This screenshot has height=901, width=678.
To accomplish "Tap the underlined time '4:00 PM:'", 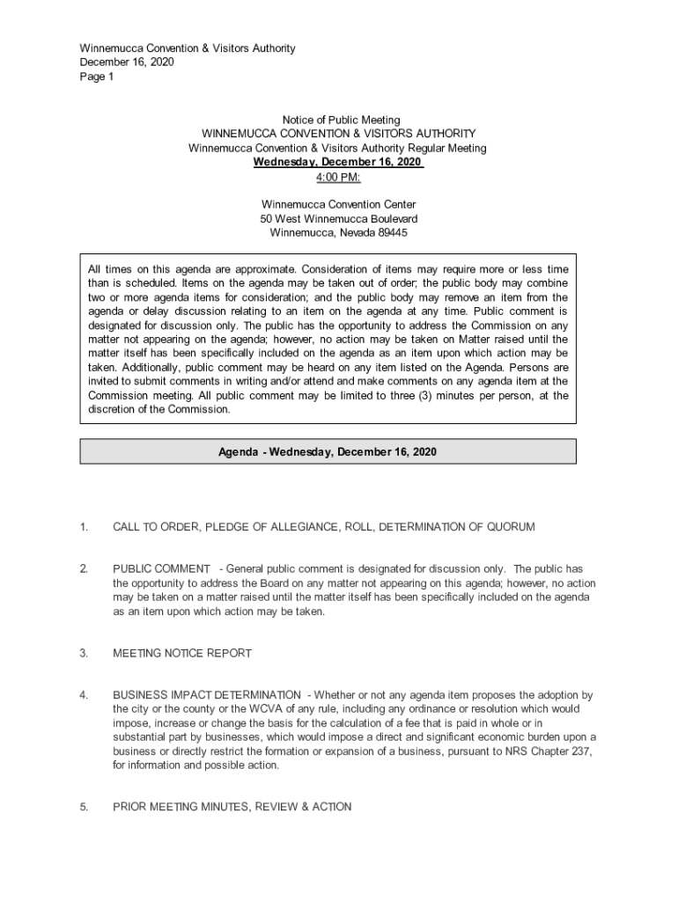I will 338,177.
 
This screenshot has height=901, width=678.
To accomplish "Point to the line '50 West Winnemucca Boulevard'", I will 338,219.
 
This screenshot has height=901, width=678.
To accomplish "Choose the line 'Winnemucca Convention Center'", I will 338,205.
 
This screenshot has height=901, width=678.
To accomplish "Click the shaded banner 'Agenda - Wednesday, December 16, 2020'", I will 328,452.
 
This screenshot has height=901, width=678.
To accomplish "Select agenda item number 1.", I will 84,527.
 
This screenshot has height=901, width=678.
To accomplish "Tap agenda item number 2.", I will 84,569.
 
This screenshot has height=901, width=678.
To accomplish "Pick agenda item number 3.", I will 84,654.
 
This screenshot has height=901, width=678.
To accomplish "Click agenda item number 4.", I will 84,696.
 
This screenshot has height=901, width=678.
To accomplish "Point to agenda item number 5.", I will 84,807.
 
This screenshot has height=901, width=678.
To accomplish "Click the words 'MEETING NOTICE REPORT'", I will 182,654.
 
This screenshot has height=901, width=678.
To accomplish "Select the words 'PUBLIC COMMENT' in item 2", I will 161,569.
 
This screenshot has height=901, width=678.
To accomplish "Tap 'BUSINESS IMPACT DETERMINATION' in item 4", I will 206,696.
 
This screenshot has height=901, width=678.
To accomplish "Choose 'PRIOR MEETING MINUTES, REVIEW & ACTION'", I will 232,807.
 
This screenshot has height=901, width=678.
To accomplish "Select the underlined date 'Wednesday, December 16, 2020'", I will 338,163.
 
